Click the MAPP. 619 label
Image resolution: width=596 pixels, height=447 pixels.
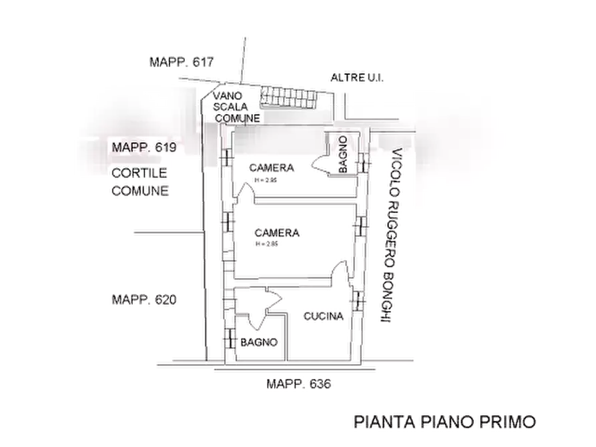(143, 147)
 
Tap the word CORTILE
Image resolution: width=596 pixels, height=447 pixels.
(138, 173)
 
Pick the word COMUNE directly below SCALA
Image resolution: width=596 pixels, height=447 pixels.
(237, 119)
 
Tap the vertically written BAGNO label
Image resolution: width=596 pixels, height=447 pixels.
(342, 154)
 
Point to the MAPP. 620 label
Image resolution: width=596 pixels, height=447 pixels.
(144, 300)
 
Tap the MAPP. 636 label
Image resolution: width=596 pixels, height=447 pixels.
(299, 384)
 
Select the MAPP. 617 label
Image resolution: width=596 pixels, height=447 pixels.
(181, 63)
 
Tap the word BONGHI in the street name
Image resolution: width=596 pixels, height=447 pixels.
(385, 298)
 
